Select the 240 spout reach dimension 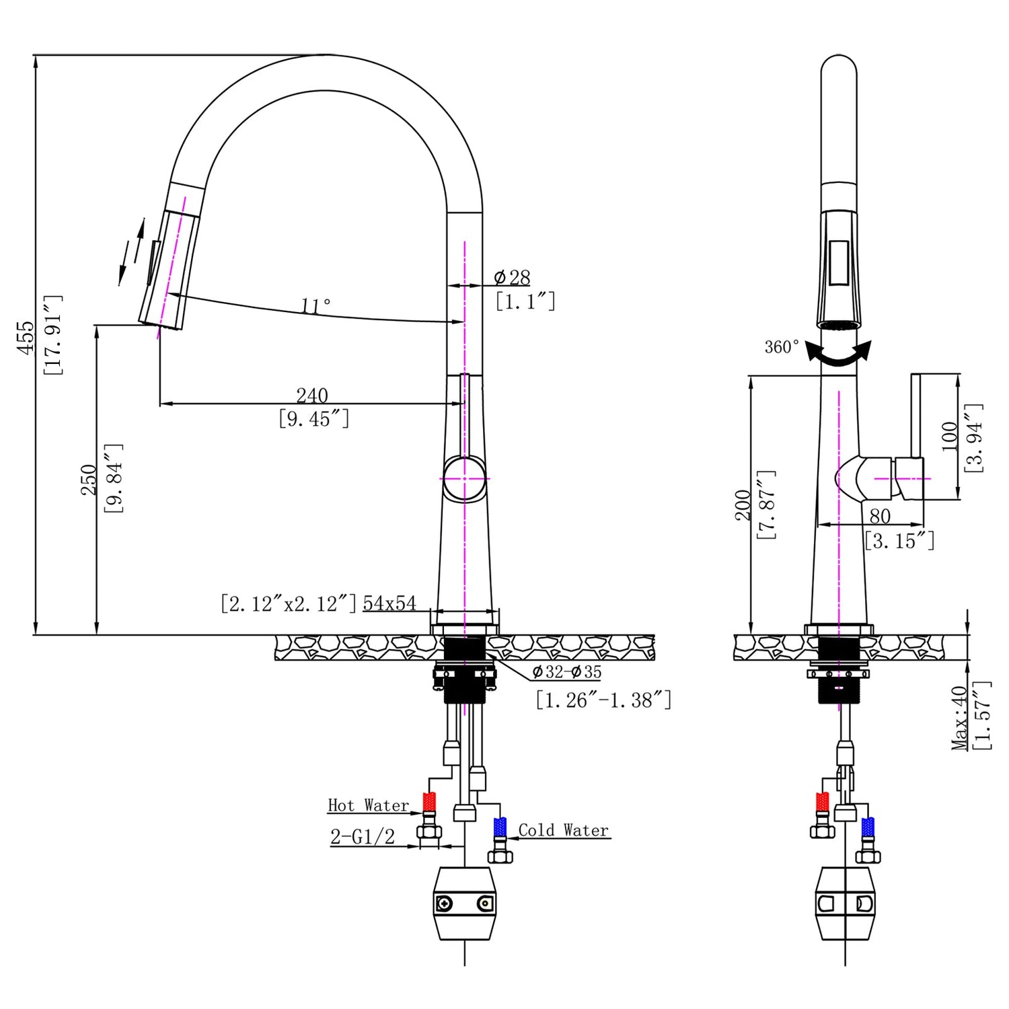pyautogui.click(x=312, y=395)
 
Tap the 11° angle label pyautogui.click(x=315, y=306)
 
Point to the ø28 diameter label pyautogui.click(x=512, y=277)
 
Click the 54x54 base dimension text pyautogui.click(x=389, y=603)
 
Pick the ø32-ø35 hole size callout pyautogui.click(x=566, y=672)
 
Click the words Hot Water pyautogui.click(x=368, y=805)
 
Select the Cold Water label pyautogui.click(x=563, y=830)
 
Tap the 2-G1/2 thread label pyautogui.click(x=362, y=837)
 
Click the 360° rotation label pyautogui.click(x=782, y=347)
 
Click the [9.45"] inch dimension pyautogui.click(x=313, y=419)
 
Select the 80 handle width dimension pyautogui.click(x=880, y=516)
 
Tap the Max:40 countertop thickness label pyautogui.click(x=960, y=717)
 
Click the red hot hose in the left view pyautogui.click(x=428, y=803)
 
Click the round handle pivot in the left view pyautogui.click(x=464, y=478)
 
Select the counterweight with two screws pyautogui.click(x=464, y=903)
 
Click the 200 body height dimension pyautogui.click(x=743, y=504)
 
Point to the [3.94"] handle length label pyautogui.click(x=974, y=437)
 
